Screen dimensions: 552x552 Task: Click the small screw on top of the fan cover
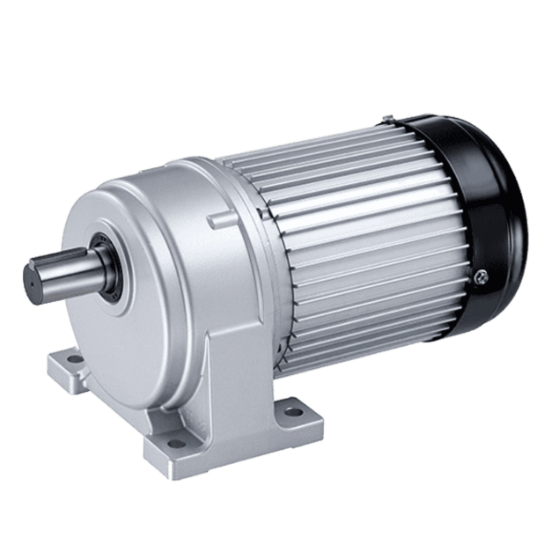(388, 118)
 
